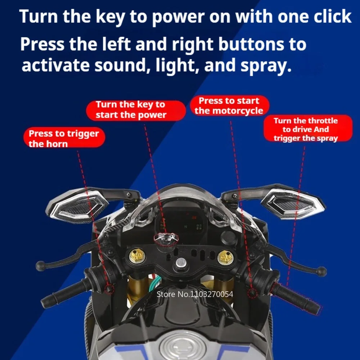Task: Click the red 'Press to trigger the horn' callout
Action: pyautogui.click(x=64, y=138)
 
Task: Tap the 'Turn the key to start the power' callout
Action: pyautogui.click(x=136, y=110)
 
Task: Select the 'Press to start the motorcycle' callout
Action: pyautogui.click(x=229, y=106)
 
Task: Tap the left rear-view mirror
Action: pyautogui.click(x=77, y=205)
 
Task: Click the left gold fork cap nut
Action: pyautogui.click(x=136, y=256)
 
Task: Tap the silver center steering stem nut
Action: pyautogui.click(x=181, y=263)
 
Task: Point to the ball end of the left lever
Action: pyautogui.click(x=41, y=266)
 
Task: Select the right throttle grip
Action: pyautogui.click(x=296, y=298)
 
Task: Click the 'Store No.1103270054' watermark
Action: pyautogui.click(x=195, y=294)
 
